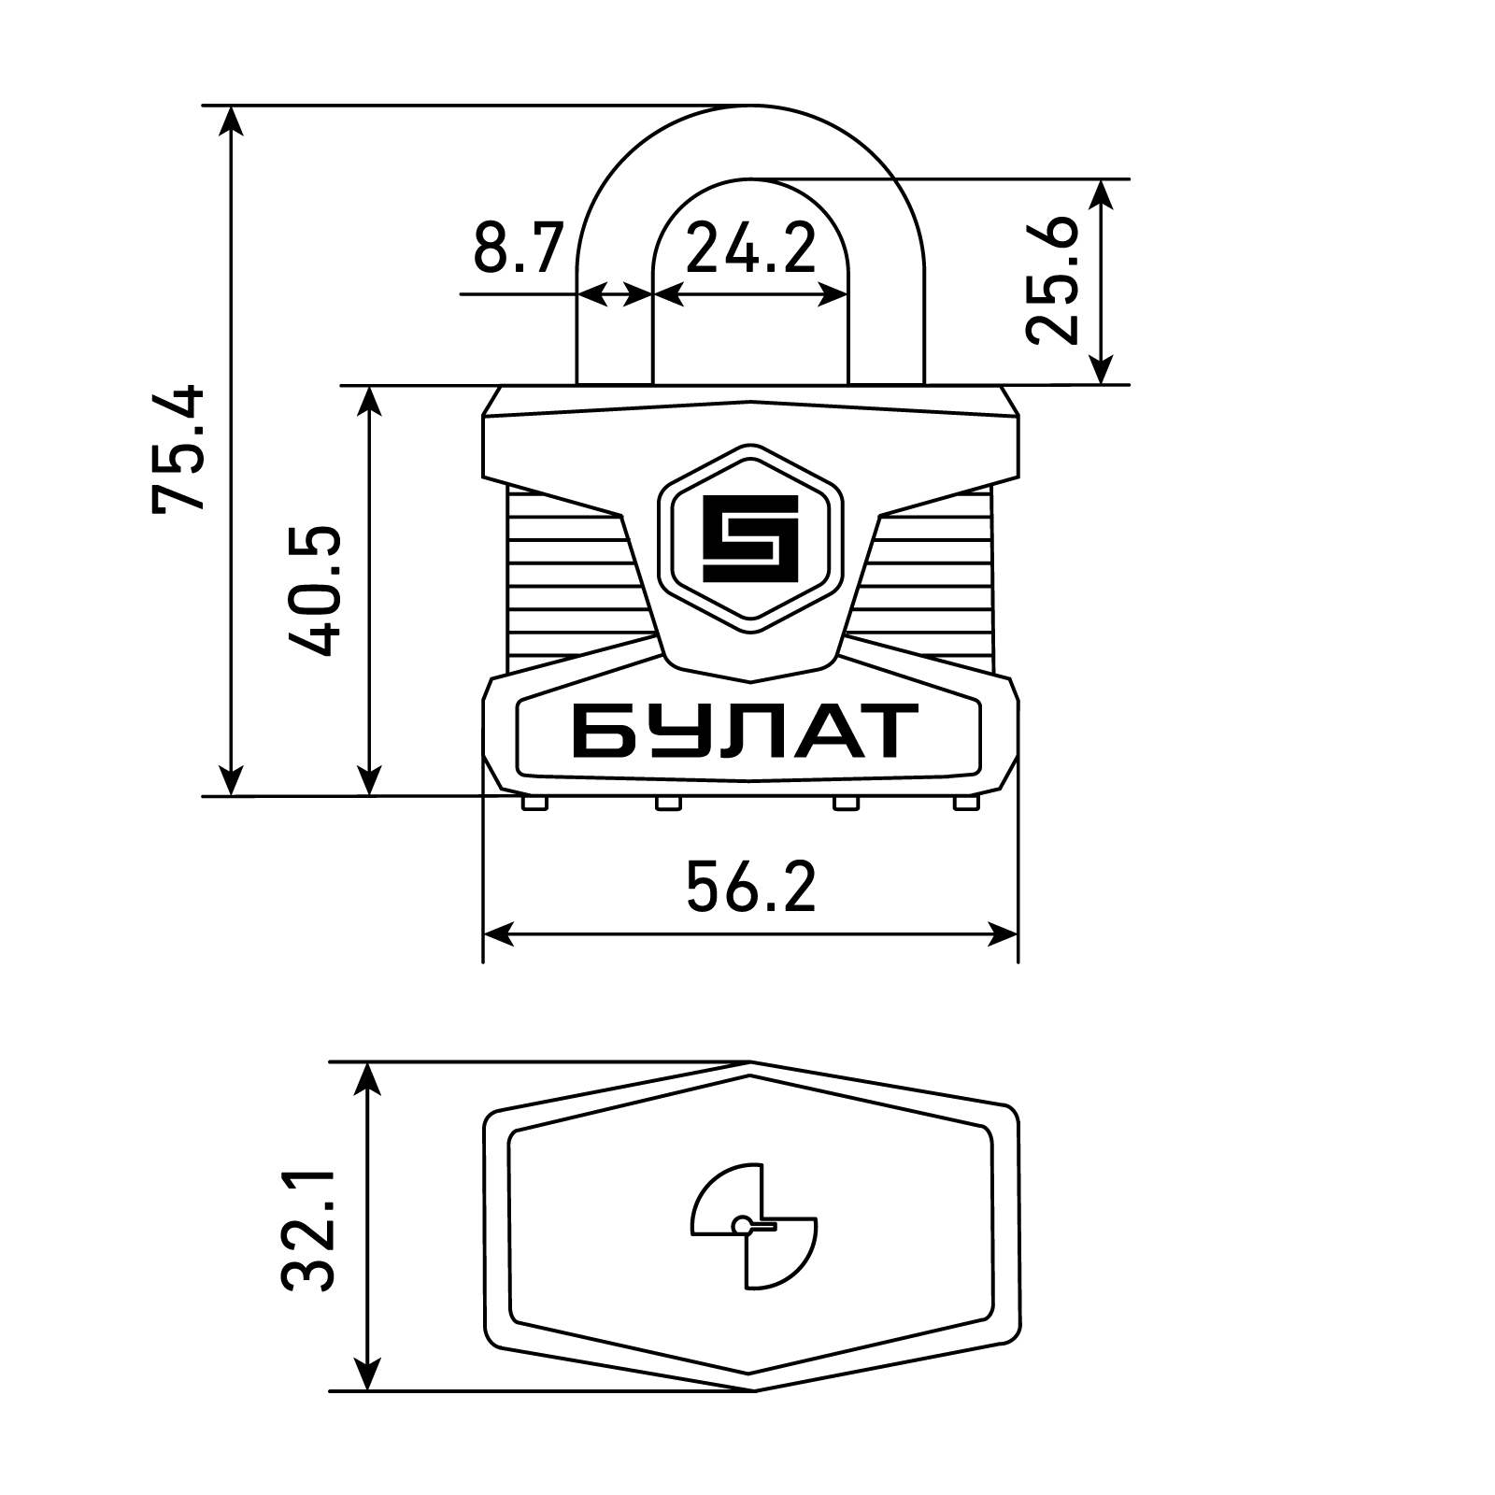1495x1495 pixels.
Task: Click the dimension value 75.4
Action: tap(178, 447)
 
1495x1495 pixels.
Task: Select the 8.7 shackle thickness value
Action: tap(519, 248)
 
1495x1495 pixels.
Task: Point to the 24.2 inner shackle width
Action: tap(750, 248)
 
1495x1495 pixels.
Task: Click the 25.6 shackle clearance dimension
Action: tap(1054, 280)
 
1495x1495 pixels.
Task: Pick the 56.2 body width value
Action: tap(750, 888)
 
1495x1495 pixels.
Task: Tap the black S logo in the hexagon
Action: tap(750, 537)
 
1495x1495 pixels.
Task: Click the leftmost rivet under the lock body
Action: tap(534, 803)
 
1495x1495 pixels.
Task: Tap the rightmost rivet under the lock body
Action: tap(965, 803)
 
